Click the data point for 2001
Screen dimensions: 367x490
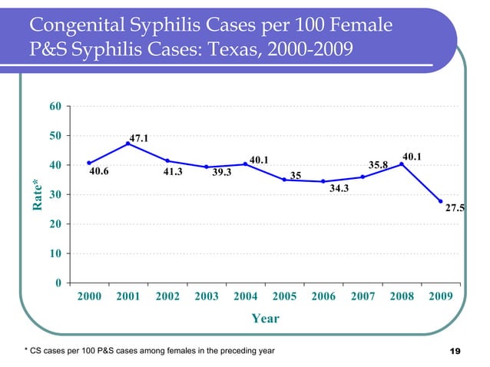point(128,144)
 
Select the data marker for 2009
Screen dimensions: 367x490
point(441,201)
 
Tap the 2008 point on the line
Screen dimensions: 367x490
point(402,164)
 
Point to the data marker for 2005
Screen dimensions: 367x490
point(284,180)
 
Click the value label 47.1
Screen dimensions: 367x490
point(139,139)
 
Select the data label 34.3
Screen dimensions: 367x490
point(339,188)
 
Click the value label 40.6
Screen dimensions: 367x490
point(98,172)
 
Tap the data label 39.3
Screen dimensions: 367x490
point(222,173)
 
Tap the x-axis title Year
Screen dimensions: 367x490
point(265,318)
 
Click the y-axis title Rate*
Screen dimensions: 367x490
point(36,195)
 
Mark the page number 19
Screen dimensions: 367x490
point(453,352)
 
